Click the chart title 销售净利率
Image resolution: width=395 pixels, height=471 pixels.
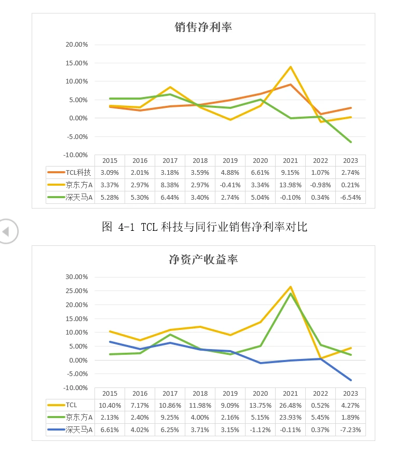pyautogui.click(x=203, y=27)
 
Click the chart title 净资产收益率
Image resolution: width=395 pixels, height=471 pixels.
pyautogui.click(x=203, y=259)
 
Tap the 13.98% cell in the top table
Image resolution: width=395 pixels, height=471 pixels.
pyautogui.click(x=290, y=185)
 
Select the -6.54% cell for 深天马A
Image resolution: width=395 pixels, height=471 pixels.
pyautogui.click(x=350, y=198)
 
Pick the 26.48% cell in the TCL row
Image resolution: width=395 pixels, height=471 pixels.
pyautogui.click(x=290, y=405)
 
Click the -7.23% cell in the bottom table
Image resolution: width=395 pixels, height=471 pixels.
pyautogui.click(x=350, y=430)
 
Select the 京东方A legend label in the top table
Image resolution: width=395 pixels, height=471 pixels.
pyautogui.click(x=79, y=185)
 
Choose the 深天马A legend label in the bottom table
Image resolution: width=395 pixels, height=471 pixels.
pyautogui.click(x=79, y=430)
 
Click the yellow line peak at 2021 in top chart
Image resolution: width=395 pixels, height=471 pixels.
pyautogui.click(x=291, y=67)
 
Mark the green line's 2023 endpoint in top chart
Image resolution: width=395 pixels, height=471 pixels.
pyautogui.click(x=351, y=142)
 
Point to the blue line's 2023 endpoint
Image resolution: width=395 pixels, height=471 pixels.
pyautogui.click(x=351, y=380)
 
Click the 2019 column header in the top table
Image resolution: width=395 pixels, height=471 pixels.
pyautogui.click(x=230, y=161)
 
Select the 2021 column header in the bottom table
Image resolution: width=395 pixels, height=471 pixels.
pyautogui.click(x=290, y=393)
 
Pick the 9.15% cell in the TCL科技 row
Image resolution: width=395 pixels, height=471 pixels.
pyautogui.click(x=290, y=173)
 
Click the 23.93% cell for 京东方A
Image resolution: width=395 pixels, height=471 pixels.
pyautogui.click(x=290, y=418)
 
